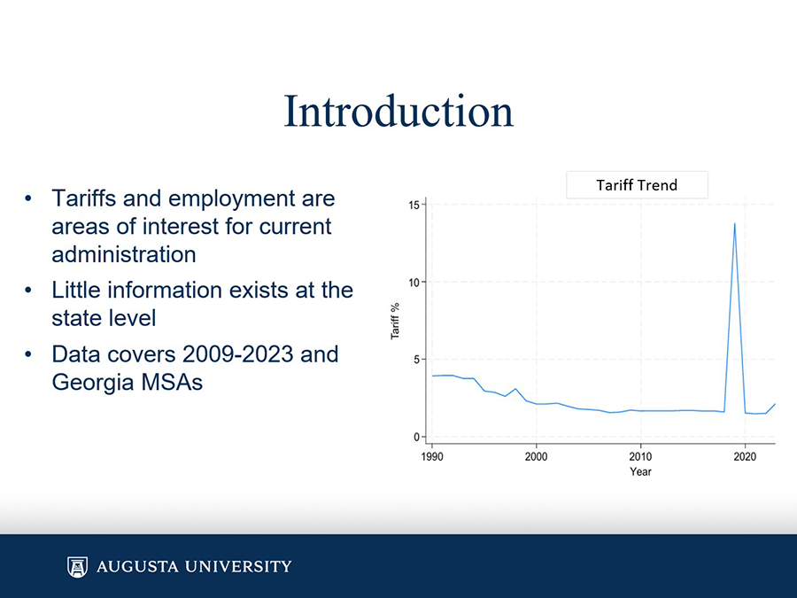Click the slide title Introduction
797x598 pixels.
[398, 112]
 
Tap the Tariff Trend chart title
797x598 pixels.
[637, 185]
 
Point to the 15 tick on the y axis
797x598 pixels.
[414, 205]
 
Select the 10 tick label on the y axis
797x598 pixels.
[414, 282]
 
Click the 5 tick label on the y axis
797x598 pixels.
[417, 359]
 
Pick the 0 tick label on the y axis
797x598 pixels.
[417, 437]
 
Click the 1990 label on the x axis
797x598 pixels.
[432, 455]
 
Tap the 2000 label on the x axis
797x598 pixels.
[536, 455]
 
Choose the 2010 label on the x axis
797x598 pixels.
[640, 455]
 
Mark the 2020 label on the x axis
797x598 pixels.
[745, 455]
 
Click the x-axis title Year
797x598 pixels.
[640, 471]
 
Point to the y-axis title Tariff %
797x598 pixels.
[395, 321]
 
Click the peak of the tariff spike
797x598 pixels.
[734, 223]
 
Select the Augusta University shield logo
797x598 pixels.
[78, 566]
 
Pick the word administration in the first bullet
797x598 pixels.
[124, 254]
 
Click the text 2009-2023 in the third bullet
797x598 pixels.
[238, 354]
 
